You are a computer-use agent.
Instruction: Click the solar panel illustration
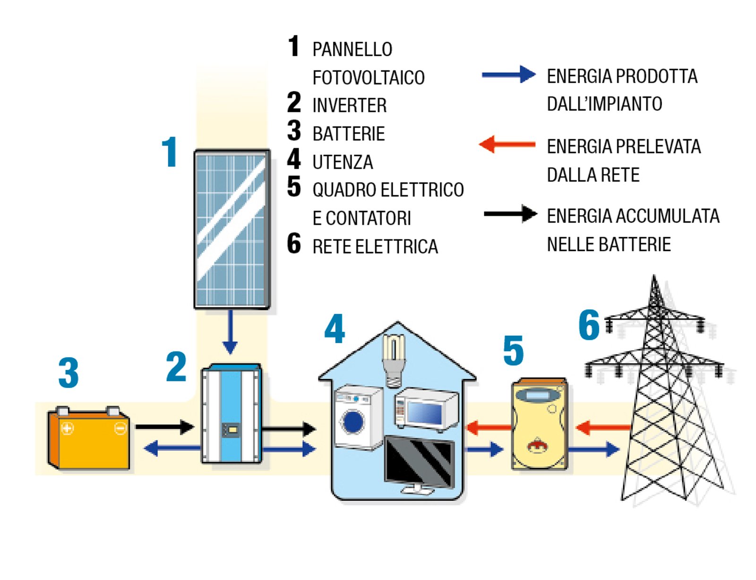click(232, 229)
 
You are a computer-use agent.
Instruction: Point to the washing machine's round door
click(353, 422)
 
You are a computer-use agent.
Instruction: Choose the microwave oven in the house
click(426, 409)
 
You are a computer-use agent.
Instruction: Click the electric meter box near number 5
click(540, 423)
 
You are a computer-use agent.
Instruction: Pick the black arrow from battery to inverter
click(164, 427)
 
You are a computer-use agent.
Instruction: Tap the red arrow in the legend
click(507, 144)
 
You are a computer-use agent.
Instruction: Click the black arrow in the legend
click(510, 214)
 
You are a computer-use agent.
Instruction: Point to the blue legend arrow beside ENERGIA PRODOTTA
click(508, 75)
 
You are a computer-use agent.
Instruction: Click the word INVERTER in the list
click(349, 105)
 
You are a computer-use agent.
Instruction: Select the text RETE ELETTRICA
click(375, 247)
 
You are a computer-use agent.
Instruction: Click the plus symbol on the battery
click(68, 428)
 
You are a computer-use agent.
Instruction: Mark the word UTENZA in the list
click(343, 162)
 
